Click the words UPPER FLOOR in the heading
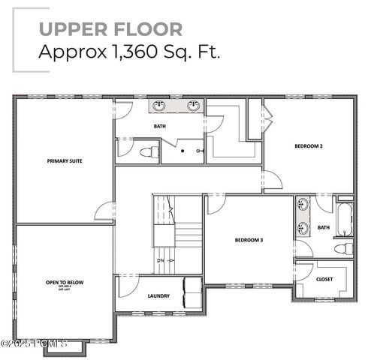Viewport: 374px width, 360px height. coord(110,29)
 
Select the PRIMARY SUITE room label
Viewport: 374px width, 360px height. coord(65,160)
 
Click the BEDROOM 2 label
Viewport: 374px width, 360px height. coord(308,146)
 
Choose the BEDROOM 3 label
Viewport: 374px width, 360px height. coord(248,240)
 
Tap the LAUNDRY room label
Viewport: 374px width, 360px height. coord(158,295)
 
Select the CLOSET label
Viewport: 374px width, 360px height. coord(324,278)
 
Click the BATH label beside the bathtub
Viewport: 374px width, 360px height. coord(323,227)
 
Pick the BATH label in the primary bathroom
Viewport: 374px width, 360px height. coord(160,126)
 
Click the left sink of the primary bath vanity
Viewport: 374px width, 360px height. coord(160,106)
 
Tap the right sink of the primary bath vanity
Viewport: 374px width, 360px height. coord(194,106)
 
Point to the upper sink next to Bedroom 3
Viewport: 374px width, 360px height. coord(303,205)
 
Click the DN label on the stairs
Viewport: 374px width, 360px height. coord(160,260)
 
